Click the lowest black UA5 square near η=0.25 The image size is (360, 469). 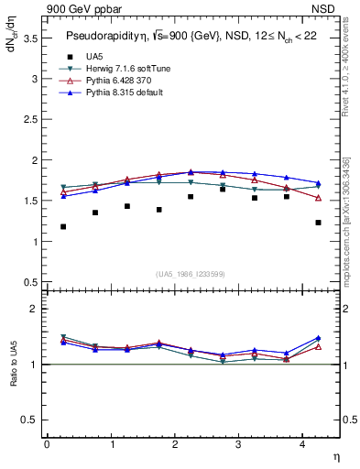[x=63, y=226]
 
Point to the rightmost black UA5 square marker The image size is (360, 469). [x=318, y=223]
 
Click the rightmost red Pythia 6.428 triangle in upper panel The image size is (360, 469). [x=318, y=198]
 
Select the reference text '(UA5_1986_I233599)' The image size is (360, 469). [x=191, y=274]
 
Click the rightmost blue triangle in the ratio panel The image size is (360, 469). [x=318, y=338]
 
